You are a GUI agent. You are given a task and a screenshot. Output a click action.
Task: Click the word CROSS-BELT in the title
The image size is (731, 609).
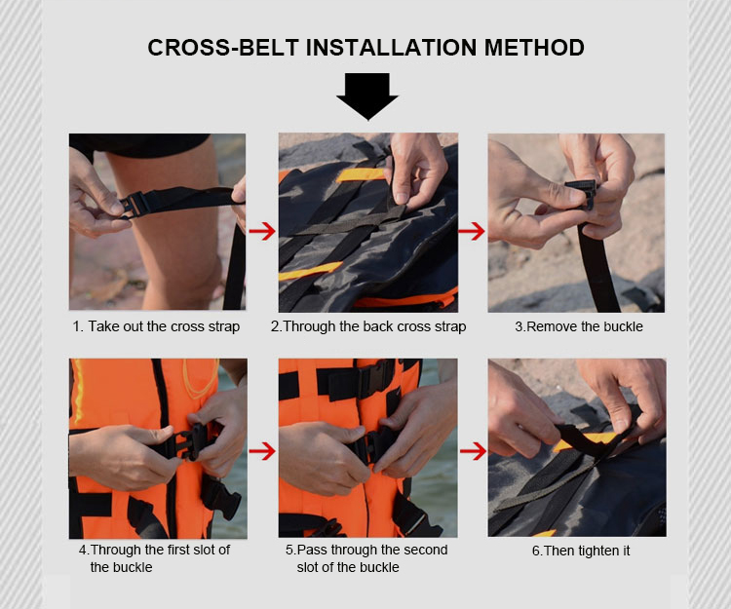223,48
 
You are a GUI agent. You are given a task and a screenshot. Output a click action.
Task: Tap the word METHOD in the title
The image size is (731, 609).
534,48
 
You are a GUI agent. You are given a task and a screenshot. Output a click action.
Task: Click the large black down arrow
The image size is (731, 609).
367,96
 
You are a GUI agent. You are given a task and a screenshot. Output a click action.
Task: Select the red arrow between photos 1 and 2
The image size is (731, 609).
262,231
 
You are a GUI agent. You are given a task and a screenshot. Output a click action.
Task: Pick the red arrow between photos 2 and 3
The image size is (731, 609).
472,231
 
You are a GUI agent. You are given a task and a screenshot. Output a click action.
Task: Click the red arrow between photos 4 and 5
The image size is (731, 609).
262,451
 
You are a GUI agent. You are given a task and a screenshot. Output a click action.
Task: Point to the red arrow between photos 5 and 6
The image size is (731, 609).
473,451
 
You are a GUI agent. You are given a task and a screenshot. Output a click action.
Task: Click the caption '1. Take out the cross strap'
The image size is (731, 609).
156,326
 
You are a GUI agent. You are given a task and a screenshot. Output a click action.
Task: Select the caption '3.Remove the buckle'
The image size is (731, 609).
579,326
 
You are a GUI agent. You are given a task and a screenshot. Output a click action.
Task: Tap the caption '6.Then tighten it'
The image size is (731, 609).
581,551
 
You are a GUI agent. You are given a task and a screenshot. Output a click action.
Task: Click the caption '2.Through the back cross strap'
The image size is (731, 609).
368,326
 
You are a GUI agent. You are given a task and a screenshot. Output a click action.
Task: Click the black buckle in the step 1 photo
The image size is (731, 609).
135,206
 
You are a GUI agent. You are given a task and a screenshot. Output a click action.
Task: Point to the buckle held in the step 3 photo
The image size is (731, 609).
582,193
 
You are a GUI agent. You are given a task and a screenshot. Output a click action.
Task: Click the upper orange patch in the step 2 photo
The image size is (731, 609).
360,174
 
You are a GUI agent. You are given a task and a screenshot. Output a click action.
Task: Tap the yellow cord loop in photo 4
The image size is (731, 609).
201,380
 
